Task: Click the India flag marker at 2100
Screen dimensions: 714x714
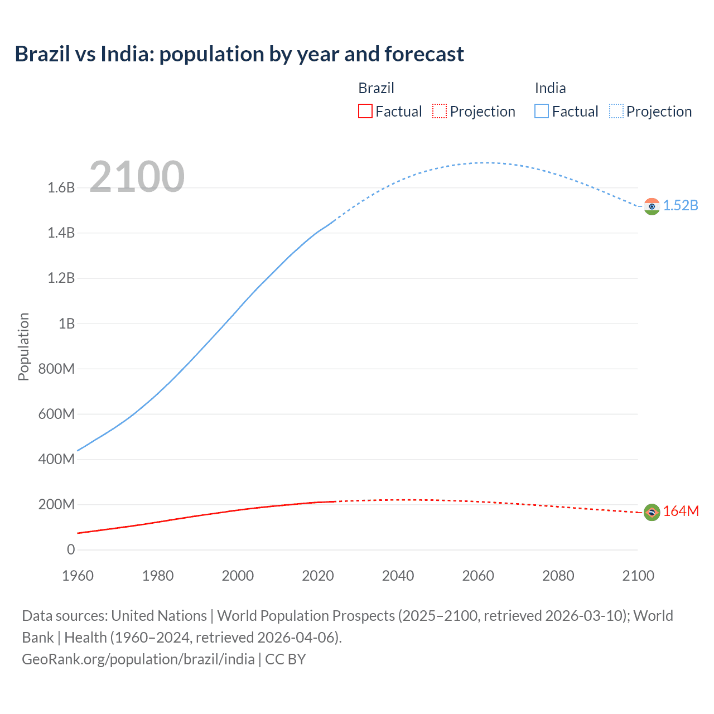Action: coord(652,206)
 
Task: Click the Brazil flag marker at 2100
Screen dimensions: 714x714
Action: coord(652,512)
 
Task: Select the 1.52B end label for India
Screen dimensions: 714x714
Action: coord(681,205)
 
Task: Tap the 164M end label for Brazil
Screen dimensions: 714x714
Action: coord(681,511)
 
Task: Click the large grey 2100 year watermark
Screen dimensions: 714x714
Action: coord(137,176)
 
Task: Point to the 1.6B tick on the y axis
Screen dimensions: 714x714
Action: coord(61,187)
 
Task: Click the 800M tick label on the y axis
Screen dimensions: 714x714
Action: coord(56,369)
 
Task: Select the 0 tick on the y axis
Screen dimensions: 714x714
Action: coord(71,549)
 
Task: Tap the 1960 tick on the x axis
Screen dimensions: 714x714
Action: coord(78,576)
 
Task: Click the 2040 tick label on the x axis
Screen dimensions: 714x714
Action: coord(398,576)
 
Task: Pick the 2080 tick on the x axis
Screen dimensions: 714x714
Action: coord(558,576)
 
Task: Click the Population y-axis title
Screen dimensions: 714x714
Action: coord(23,346)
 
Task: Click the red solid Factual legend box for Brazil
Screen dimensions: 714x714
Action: coord(365,111)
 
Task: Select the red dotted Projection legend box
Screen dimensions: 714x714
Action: coord(440,111)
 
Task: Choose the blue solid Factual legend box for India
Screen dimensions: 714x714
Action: coord(542,111)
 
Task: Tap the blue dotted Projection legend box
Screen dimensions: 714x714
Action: coord(616,111)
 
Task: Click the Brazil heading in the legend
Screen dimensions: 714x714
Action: coord(376,88)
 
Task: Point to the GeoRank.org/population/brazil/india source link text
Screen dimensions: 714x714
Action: coord(138,659)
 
